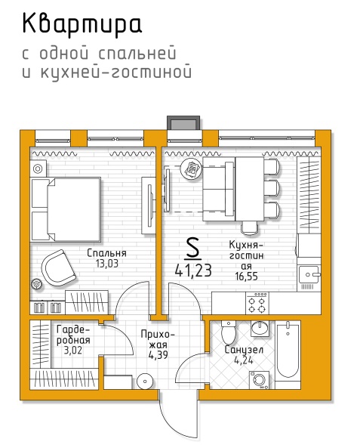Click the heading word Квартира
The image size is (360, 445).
coord(82,24)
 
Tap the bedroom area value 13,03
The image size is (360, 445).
coord(107,264)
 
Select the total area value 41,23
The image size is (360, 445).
coord(193,270)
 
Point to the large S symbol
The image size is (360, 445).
coord(192,249)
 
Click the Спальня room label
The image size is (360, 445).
coord(106,253)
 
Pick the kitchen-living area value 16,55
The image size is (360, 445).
coord(246,276)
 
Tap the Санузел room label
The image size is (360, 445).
coord(244,350)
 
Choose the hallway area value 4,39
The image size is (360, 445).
coord(158,355)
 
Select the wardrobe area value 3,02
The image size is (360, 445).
coord(73,351)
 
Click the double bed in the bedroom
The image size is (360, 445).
coord(66,209)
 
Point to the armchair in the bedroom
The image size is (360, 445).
coord(58,267)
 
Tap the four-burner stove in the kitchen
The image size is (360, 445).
coord(257,304)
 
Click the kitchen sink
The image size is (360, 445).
coord(309,274)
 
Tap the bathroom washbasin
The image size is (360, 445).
coord(260,329)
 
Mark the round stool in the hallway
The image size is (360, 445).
coord(145,382)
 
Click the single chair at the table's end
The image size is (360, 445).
coord(250,228)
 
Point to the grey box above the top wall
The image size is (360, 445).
coord(183,123)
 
